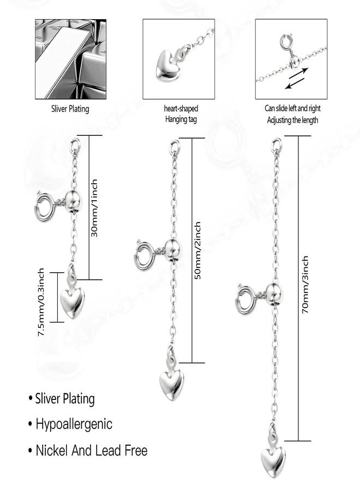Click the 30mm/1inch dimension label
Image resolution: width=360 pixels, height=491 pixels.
[94, 208]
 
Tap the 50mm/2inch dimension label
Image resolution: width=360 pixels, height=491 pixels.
[197, 250]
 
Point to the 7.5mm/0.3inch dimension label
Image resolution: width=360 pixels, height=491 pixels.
[41, 302]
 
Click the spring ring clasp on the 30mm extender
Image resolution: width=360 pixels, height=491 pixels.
[45, 207]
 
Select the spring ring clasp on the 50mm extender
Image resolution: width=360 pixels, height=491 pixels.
[145, 255]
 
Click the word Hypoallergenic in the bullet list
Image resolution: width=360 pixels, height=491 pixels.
[74, 424]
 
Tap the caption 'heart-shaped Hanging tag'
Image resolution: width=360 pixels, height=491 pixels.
[181, 113]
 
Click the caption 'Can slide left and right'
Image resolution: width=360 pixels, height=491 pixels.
[293, 109]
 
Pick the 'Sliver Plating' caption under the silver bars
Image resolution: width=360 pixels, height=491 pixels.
[70, 109]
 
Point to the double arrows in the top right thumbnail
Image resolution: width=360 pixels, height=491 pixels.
[296, 78]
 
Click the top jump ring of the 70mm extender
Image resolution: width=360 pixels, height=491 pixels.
[277, 145]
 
